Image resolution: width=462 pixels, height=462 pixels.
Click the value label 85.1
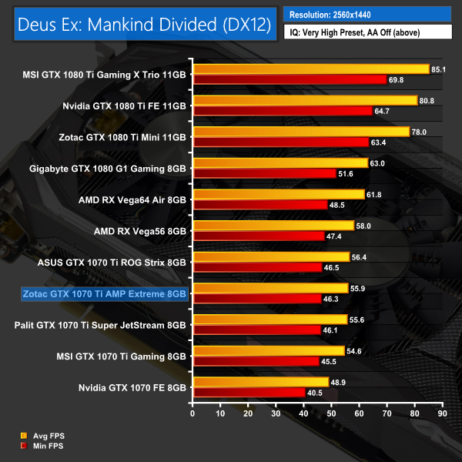point(440,69)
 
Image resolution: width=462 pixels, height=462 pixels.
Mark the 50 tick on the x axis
point(332,413)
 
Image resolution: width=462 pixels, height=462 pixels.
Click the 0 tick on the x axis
point(193,413)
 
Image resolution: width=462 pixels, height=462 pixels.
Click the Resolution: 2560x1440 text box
point(367,14)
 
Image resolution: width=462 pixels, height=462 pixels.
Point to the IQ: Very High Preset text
point(367,32)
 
